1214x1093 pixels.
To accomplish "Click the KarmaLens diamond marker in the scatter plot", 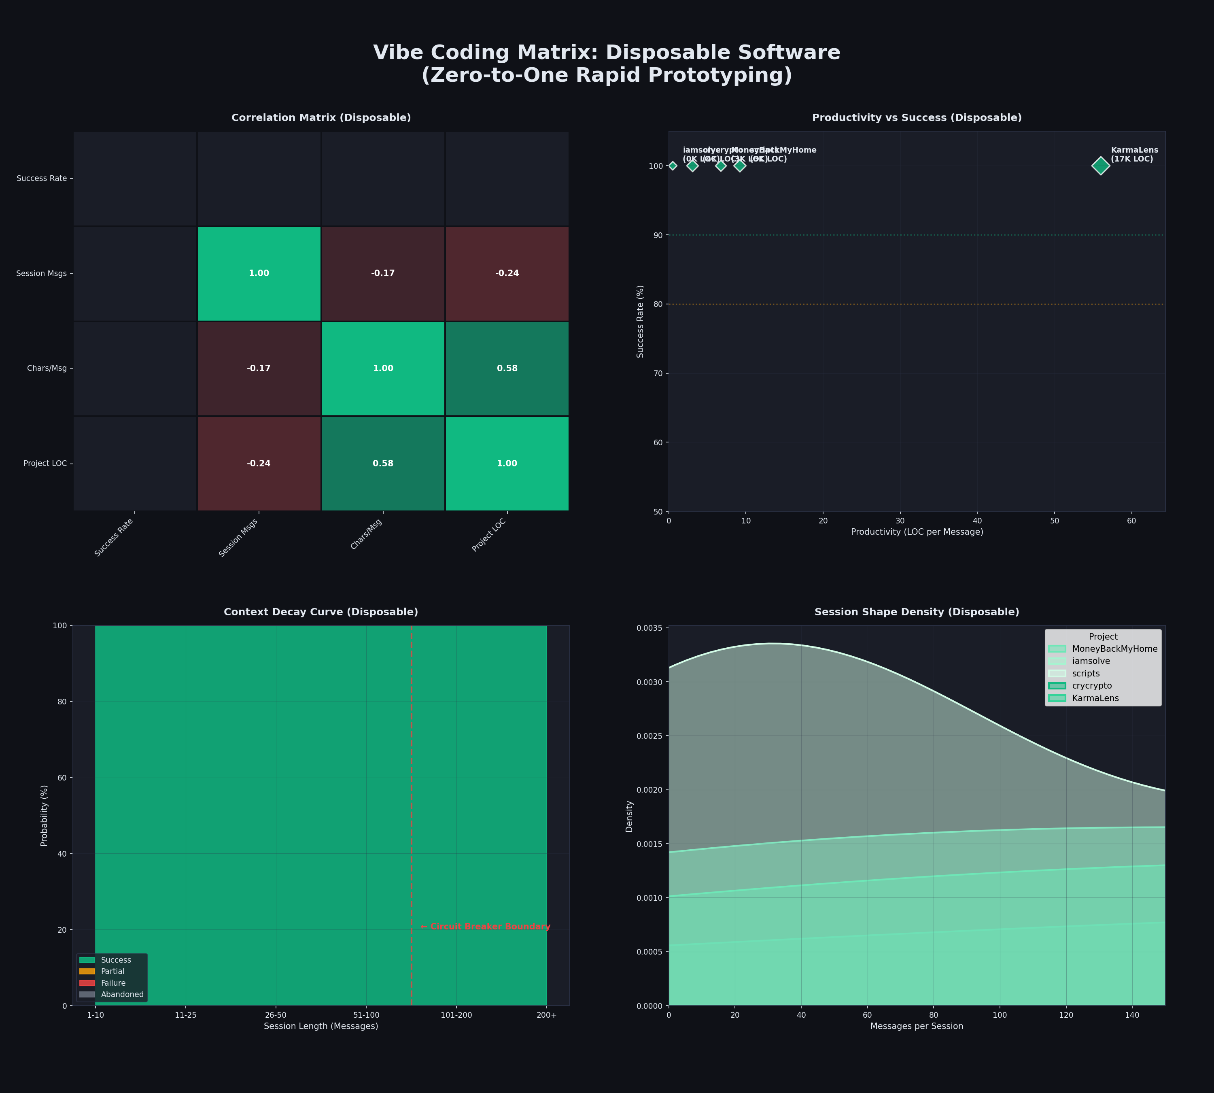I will [1100, 166].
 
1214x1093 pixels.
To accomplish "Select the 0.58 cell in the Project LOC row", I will [383, 464].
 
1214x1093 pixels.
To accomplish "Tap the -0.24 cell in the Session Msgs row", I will [507, 273].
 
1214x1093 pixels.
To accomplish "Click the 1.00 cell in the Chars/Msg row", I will [383, 368].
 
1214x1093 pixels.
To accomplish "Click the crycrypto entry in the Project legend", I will [1091, 686].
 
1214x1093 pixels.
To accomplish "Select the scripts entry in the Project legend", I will [1085, 673].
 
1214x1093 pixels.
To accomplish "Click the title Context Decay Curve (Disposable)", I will [320, 612].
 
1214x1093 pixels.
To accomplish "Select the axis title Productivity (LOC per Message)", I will [917, 532].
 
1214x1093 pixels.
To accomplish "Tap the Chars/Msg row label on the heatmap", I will [47, 368].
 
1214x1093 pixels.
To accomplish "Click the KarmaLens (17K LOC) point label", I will [1133, 154].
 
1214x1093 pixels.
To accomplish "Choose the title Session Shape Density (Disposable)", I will [917, 612].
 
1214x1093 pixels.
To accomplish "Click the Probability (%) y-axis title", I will [45, 816].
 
